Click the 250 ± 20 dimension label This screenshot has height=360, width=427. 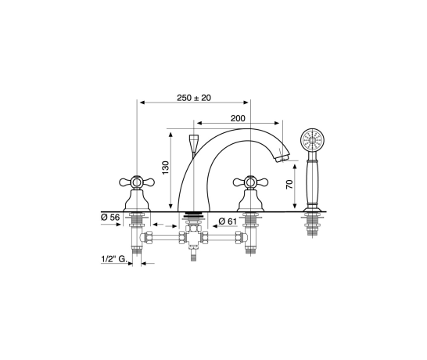point(194,98)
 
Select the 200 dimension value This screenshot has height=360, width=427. point(238,118)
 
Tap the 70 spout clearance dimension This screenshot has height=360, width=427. point(289,185)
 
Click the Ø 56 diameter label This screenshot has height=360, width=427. point(110,218)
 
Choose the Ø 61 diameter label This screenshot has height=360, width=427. point(228,221)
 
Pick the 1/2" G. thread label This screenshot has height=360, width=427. point(114,259)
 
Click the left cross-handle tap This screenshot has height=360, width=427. point(137,193)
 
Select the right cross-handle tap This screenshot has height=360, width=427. point(250,193)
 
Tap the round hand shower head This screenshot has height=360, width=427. point(312,139)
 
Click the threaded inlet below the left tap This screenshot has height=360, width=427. point(136,250)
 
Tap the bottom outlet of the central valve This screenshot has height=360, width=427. point(193,254)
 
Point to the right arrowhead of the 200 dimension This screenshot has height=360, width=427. point(277,123)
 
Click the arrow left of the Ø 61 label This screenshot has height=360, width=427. point(214,226)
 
